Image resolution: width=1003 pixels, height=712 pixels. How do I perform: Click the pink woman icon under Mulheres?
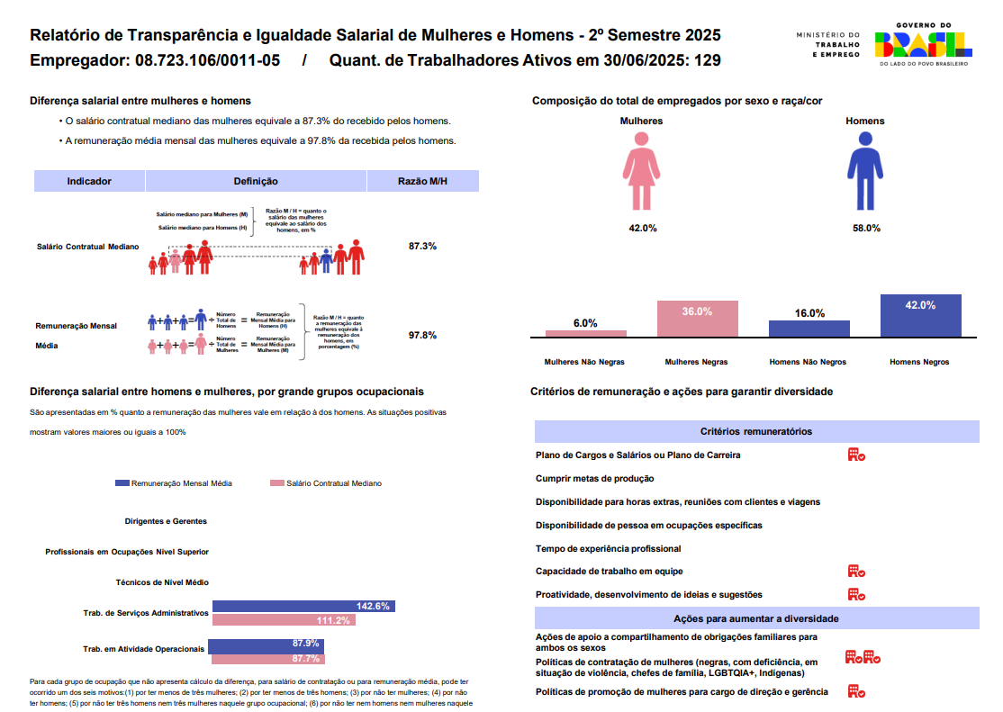pos(641,171)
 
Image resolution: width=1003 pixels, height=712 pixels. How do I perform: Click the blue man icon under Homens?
pos(865,171)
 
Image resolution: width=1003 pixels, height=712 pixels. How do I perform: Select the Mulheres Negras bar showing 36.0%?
pos(697,318)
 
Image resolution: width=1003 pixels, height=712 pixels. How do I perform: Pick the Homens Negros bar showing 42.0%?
pos(920,315)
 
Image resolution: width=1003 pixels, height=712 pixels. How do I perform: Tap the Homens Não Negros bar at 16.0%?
pos(809,329)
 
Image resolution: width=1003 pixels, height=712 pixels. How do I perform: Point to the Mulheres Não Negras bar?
pos(585,333)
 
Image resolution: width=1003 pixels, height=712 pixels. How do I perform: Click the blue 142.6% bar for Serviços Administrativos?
pos(303,606)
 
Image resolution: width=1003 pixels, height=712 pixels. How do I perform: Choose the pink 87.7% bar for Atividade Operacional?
pos(267,658)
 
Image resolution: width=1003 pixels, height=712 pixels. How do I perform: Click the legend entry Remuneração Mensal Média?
pos(174,483)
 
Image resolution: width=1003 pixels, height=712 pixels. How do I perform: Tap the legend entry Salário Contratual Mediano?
pos(326,483)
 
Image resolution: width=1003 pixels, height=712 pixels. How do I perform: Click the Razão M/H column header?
pos(422,181)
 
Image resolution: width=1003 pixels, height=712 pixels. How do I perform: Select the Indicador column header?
pos(89,181)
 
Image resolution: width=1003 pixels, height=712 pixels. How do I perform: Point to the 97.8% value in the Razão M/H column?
pos(422,335)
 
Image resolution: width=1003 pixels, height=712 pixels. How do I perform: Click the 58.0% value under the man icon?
pos(865,228)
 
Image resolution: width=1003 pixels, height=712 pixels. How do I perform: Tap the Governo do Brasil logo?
pos(923,45)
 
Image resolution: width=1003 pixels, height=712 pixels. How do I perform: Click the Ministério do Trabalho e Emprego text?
pos(828,45)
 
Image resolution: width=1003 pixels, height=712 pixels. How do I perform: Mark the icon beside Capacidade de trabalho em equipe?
pos(855,571)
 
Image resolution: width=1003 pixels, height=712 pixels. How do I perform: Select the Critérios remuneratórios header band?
pos(756,432)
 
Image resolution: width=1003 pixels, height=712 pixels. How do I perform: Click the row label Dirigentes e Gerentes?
pos(166,521)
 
